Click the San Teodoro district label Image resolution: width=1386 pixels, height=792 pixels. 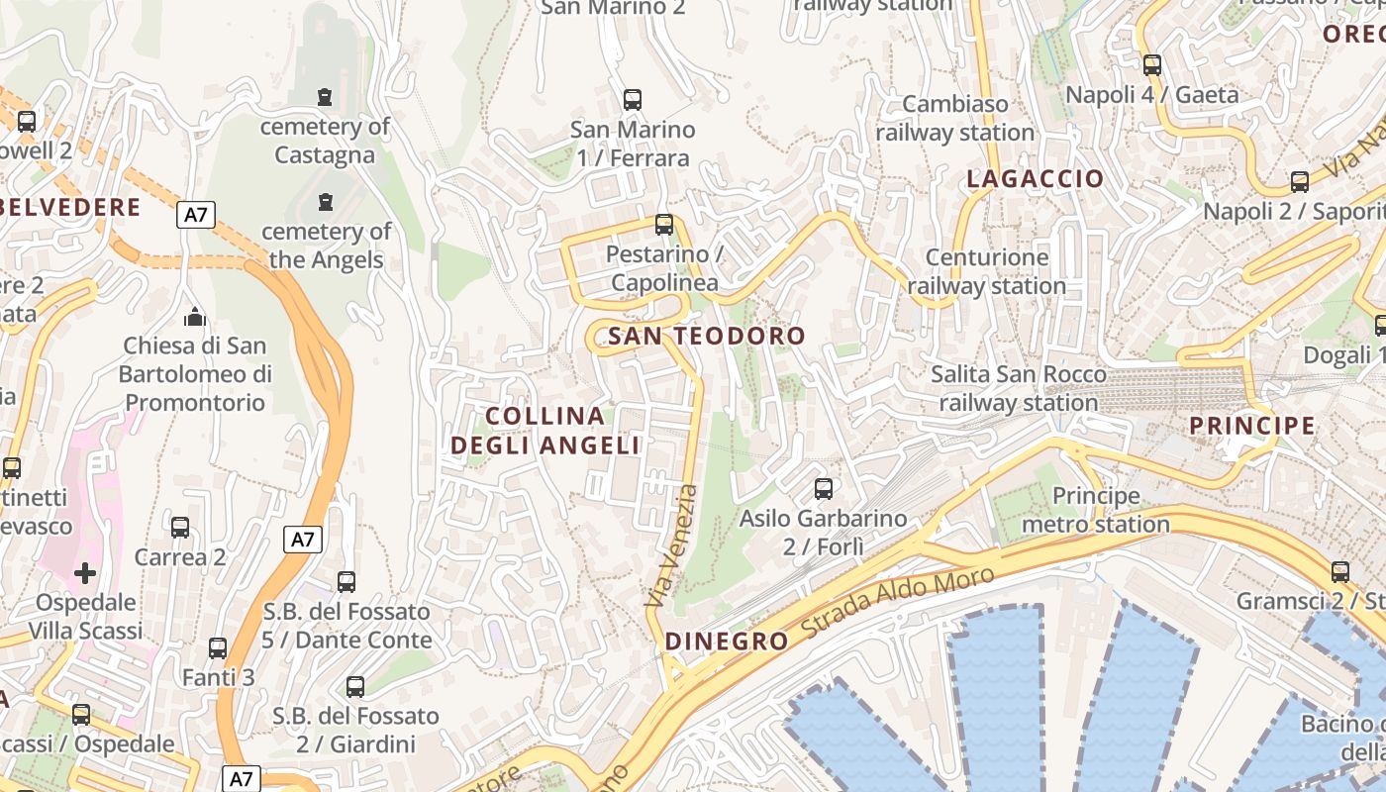click(707, 337)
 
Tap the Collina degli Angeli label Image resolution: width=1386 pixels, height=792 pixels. click(545, 431)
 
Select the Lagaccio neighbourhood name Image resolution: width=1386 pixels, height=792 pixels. click(1035, 179)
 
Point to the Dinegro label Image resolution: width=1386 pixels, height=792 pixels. click(727, 642)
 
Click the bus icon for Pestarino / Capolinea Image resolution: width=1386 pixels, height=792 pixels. click(664, 225)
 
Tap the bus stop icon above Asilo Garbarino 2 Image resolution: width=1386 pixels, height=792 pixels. click(823, 488)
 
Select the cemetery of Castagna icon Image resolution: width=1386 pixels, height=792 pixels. click(325, 97)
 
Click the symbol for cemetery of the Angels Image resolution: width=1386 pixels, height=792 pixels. click(325, 202)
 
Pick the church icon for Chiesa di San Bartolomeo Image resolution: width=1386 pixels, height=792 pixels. click(194, 317)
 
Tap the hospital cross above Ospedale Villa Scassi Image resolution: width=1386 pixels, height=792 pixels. click(85, 572)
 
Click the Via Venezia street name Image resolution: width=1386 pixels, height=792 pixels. click(671, 545)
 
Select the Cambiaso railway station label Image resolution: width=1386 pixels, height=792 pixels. click(954, 118)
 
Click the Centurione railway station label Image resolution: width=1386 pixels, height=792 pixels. click(987, 271)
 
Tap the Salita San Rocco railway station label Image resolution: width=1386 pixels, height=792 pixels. click(1019, 388)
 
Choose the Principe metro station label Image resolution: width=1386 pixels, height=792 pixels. click(1096, 510)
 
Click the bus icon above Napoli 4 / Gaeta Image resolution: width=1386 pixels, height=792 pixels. click(1152, 65)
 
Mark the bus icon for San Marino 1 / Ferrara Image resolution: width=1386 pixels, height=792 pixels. click(633, 100)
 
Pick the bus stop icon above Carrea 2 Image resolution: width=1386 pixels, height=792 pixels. click(180, 527)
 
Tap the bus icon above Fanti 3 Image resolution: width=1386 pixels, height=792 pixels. click(218, 648)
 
